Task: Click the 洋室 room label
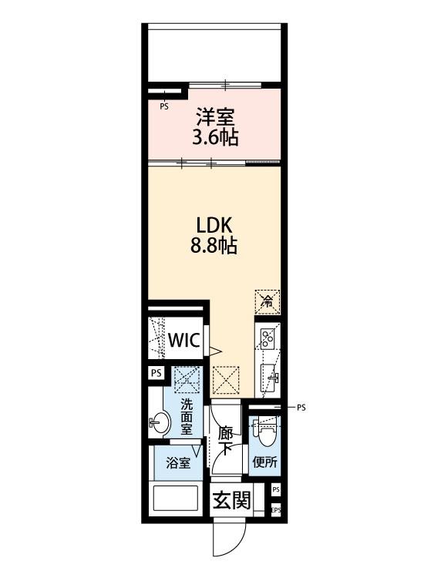(215, 118)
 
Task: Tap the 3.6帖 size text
(215, 139)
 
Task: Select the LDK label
(214, 225)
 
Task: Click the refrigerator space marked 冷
(268, 300)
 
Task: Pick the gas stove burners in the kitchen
(268, 337)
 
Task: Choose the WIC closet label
(185, 340)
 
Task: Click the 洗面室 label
(187, 418)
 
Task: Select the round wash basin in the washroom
(161, 422)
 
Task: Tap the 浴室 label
(179, 463)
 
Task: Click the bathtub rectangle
(177, 499)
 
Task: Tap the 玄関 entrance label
(231, 501)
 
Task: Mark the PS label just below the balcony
(163, 107)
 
